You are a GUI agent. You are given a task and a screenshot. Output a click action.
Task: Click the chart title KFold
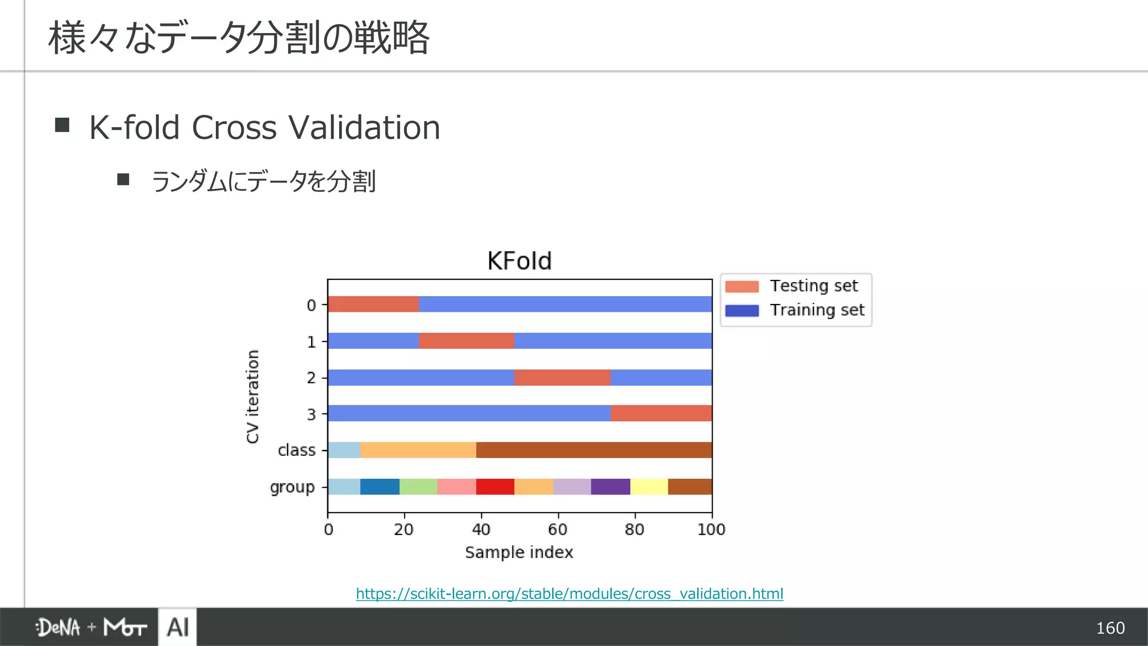[519, 261]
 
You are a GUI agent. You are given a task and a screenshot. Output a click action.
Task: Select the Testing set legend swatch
[742, 287]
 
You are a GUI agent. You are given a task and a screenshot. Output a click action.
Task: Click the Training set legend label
[817, 310]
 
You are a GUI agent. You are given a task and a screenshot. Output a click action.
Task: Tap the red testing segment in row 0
[373, 304]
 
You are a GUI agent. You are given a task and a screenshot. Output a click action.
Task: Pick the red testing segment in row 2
[562, 377]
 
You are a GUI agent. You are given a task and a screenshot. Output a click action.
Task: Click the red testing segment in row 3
[661, 413]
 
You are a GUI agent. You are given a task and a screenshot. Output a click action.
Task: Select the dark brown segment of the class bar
[594, 450]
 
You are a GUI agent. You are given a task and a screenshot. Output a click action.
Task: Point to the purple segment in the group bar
[610, 487]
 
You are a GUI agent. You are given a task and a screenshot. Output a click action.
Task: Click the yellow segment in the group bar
[649, 487]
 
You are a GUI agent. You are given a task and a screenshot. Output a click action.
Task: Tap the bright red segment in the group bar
[495, 487]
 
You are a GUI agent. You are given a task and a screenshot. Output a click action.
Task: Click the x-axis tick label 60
[557, 529]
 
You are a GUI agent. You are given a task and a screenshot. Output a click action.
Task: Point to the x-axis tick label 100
[711, 529]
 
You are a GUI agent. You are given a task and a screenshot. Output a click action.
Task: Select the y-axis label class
[297, 450]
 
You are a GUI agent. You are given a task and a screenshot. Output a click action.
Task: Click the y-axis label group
[292, 487]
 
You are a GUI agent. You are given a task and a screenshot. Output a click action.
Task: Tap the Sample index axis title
[519, 553]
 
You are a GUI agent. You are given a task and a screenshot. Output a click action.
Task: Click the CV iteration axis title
[253, 396]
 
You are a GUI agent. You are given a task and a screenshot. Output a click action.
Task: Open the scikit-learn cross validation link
[570, 594]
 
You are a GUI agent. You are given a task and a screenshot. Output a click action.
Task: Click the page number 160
[1110, 628]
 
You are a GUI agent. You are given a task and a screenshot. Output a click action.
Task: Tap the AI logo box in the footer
[178, 627]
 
